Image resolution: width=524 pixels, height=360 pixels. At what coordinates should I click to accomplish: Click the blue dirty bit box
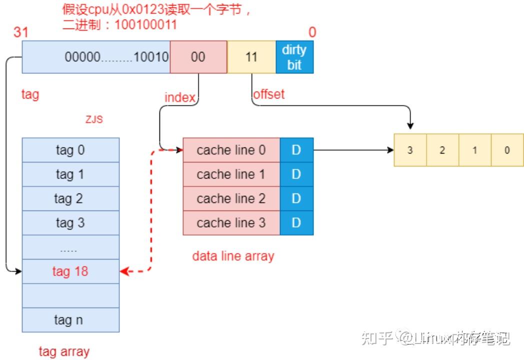[294, 57]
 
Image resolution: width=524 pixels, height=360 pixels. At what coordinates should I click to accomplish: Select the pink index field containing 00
[198, 57]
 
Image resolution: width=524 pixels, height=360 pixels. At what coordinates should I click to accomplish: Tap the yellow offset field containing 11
[251, 57]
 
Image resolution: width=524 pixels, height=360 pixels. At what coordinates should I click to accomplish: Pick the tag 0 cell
[70, 150]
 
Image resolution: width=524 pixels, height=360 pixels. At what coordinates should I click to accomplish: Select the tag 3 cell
[70, 223]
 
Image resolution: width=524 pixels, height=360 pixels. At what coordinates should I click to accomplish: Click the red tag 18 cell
[70, 271]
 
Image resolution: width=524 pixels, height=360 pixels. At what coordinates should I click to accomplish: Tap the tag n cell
[70, 320]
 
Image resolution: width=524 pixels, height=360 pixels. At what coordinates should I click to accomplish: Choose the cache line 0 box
[231, 150]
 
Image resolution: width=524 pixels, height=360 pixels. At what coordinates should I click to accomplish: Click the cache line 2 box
[231, 198]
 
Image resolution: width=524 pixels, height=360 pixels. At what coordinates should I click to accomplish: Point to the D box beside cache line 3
[296, 223]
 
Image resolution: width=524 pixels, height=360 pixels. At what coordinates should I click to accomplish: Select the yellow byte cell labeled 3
[410, 150]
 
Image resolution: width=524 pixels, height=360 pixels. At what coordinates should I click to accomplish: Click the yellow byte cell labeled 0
[507, 150]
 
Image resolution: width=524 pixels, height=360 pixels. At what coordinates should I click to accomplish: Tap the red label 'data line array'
[233, 256]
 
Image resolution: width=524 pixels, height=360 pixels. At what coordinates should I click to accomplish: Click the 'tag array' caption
[64, 351]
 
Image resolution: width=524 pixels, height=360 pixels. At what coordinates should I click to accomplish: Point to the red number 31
[20, 32]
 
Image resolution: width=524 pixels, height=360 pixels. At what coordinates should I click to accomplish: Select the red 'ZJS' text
[94, 120]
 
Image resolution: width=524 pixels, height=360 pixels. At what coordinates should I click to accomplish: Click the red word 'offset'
[269, 94]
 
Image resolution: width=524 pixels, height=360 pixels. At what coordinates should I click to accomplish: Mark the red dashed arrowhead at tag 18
[124, 271]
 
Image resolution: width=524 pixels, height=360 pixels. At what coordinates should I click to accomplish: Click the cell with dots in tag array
[70, 247]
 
